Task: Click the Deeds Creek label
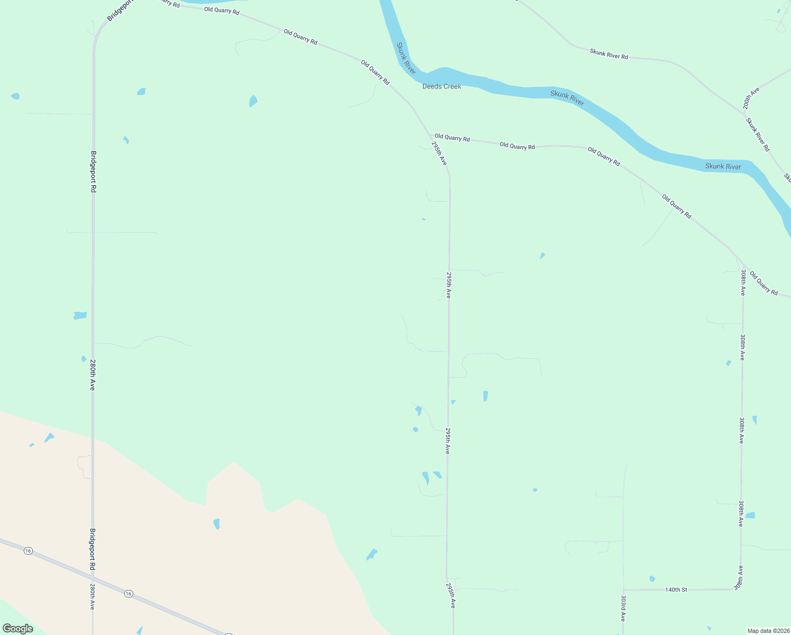442,86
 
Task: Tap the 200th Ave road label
751,98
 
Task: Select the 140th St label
676,589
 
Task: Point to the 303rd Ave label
623,608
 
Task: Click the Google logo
17,629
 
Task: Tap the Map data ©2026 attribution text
768,631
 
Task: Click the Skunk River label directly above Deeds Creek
407,58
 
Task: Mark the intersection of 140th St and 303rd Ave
623,589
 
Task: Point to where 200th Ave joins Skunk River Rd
744,113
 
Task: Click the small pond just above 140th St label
652,578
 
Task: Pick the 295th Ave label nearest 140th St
450,595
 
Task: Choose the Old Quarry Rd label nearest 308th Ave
764,284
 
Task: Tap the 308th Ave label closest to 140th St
739,577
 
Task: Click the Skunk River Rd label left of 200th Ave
609,53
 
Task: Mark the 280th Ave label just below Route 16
92,597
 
